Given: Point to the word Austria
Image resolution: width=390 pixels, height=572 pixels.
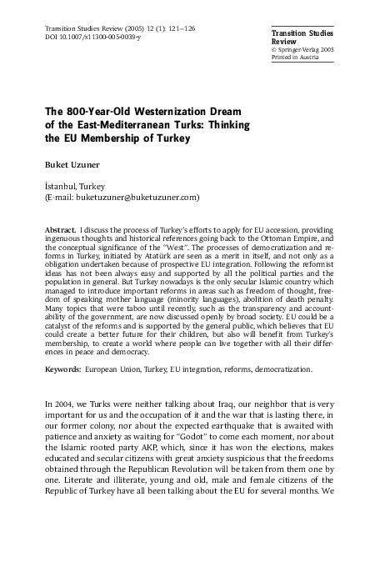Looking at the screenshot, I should click(x=326, y=58).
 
